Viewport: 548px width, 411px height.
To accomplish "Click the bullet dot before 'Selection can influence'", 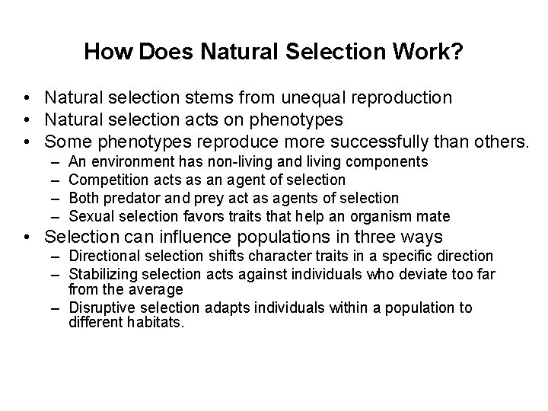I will click(x=27, y=237).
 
